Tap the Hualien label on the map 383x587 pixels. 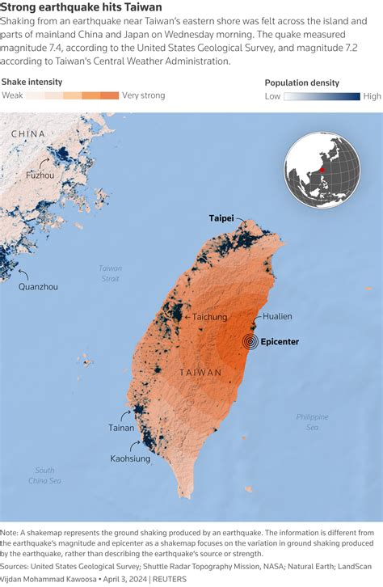coord(277,317)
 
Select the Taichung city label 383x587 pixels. coord(209,318)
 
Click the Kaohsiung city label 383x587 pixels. coord(130,458)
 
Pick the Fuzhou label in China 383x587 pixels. coord(40,175)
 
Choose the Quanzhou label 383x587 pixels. coord(39,286)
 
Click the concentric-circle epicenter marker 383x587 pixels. coord(252,342)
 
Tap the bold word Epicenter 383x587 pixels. coord(280,342)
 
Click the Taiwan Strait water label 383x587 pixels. coord(111,273)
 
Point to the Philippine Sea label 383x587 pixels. coord(312,421)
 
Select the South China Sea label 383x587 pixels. coord(44,475)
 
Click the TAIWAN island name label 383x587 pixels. coord(200,374)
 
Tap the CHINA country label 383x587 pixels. coord(28,133)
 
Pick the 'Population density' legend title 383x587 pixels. coord(302,82)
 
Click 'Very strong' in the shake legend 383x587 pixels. coord(144,95)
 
